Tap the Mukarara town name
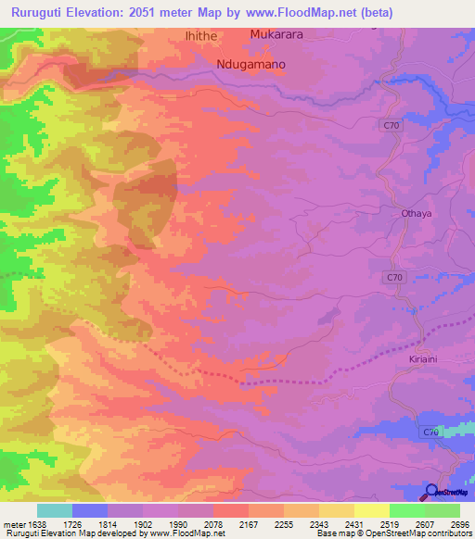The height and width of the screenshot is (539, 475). click(x=276, y=34)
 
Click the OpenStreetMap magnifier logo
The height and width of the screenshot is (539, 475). click(x=431, y=491)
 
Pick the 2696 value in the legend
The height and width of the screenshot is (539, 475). click(x=460, y=524)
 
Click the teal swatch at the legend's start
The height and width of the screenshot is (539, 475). click(x=55, y=510)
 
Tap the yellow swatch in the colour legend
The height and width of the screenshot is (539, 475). click(x=372, y=510)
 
